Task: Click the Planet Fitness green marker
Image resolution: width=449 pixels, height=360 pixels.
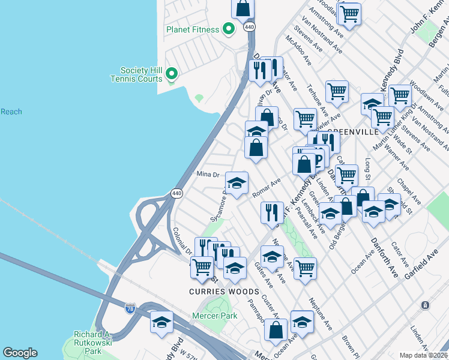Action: click(x=228, y=28)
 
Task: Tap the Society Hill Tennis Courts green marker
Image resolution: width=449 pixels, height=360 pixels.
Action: click(x=172, y=74)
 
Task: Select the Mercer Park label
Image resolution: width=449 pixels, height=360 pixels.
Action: click(x=214, y=316)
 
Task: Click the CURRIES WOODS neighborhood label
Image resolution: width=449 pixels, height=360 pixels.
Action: click(x=224, y=292)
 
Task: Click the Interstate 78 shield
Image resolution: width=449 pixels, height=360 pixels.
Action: click(x=130, y=308)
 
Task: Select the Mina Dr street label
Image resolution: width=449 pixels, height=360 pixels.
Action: click(x=208, y=175)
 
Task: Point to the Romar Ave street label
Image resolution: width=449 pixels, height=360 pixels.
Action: click(x=267, y=188)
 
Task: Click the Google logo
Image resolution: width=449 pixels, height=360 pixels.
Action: click(x=20, y=353)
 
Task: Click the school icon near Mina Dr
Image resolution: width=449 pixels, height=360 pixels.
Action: click(x=237, y=182)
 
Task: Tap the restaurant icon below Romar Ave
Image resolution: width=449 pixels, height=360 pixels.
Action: click(x=271, y=212)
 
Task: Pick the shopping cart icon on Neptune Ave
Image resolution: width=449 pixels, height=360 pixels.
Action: click(x=305, y=268)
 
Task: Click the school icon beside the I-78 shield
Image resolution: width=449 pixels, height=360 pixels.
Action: click(x=161, y=322)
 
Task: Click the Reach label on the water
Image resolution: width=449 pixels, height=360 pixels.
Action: click(x=11, y=112)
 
